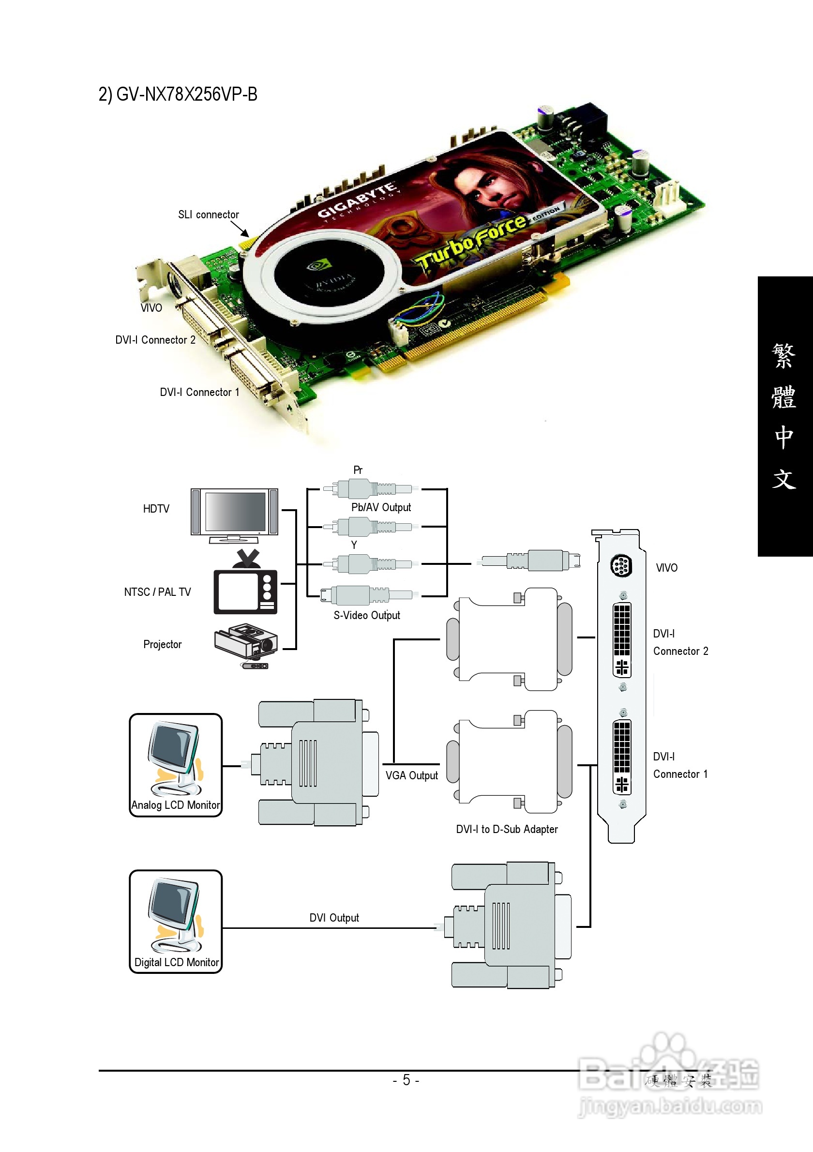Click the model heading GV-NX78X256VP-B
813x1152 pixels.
178,94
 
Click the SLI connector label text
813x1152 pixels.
208,215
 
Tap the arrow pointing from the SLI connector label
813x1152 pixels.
240,228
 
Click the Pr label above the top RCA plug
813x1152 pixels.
358,470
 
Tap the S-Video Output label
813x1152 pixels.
367,615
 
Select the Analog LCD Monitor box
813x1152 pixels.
176,765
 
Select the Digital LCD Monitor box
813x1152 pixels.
176,922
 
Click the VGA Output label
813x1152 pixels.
411,776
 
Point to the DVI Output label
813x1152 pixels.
334,918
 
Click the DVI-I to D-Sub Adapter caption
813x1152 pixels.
507,829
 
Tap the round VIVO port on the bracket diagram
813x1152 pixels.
621,566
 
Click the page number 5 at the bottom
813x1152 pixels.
406,1080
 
